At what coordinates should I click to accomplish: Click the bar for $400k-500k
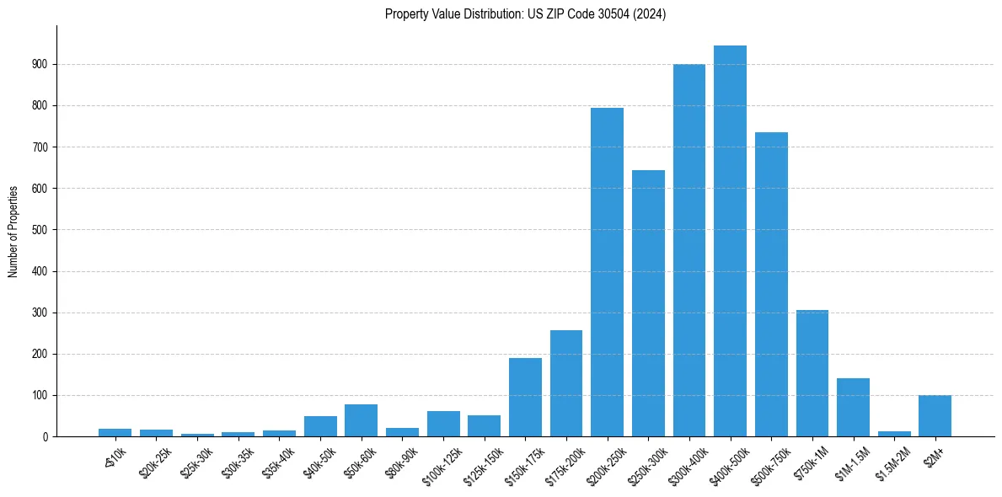730,241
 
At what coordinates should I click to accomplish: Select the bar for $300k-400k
689,250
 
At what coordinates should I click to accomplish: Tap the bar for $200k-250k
607,272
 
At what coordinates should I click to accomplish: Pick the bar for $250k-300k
648,303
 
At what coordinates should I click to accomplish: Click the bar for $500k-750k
771,285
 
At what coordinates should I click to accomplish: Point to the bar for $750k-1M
812,373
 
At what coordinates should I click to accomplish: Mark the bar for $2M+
935,416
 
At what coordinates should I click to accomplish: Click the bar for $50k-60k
361,420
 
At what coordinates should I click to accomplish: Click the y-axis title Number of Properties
13,231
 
